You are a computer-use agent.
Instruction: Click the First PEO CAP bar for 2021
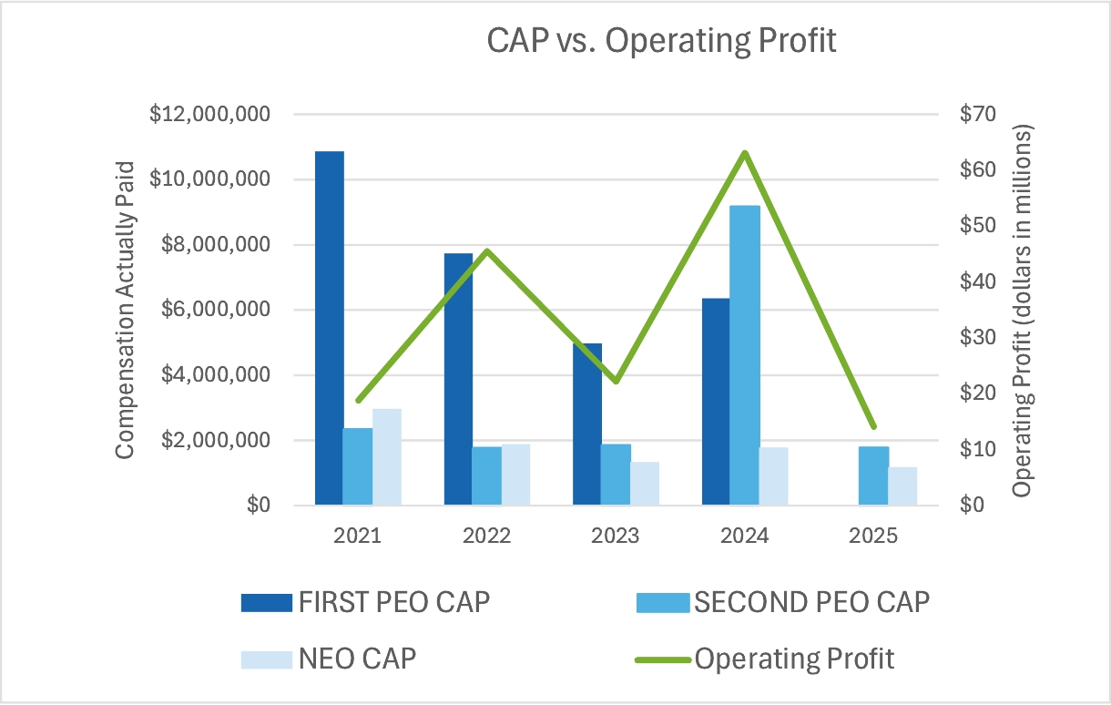pos(329,328)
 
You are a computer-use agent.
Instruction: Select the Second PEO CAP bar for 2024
pos(745,355)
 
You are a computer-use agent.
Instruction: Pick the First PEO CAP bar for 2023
pos(587,424)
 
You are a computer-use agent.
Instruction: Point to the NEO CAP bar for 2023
pos(645,484)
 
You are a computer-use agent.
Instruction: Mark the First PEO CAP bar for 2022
pos(458,379)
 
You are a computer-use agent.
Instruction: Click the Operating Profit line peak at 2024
pos(745,153)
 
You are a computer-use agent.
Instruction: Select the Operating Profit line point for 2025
pos(874,426)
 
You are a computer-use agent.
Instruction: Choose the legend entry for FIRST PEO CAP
pos(364,603)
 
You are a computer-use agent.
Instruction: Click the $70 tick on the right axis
pos(979,115)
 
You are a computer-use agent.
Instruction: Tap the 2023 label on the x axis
pos(615,536)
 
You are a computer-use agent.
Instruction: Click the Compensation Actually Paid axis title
pos(125,310)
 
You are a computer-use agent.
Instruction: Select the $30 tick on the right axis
pos(979,338)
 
